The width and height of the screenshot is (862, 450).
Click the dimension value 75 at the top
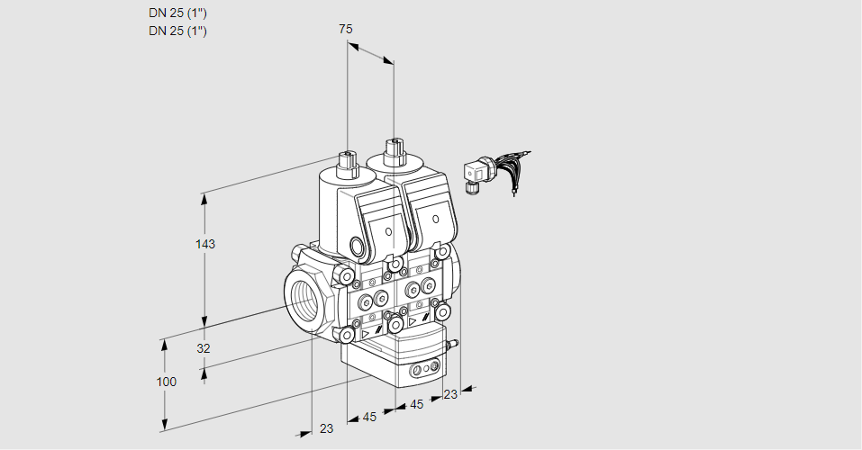pyautogui.click(x=346, y=30)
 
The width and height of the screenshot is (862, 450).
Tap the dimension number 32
pyautogui.click(x=204, y=348)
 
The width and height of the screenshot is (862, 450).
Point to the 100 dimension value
pyautogui.click(x=166, y=382)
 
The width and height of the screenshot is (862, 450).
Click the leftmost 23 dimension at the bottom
pyautogui.click(x=326, y=428)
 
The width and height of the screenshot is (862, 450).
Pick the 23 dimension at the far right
pyautogui.click(x=451, y=393)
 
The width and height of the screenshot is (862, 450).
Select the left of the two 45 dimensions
pyautogui.click(x=369, y=417)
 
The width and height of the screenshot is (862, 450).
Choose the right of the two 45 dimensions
pyautogui.click(x=417, y=404)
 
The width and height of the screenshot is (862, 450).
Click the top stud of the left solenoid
pyautogui.click(x=346, y=161)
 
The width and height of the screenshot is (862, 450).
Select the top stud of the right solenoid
pyautogui.click(x=394, y=149)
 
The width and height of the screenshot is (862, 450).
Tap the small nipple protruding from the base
pyautogui.click(x=455, y=343)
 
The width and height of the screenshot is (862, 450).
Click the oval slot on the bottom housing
pyautogui.click(x=424, y=369)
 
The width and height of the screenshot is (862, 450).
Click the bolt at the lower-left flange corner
pyautogui.click(x=348, y=335)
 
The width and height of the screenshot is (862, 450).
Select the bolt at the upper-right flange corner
pyautogui.click(x=445, y=253)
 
